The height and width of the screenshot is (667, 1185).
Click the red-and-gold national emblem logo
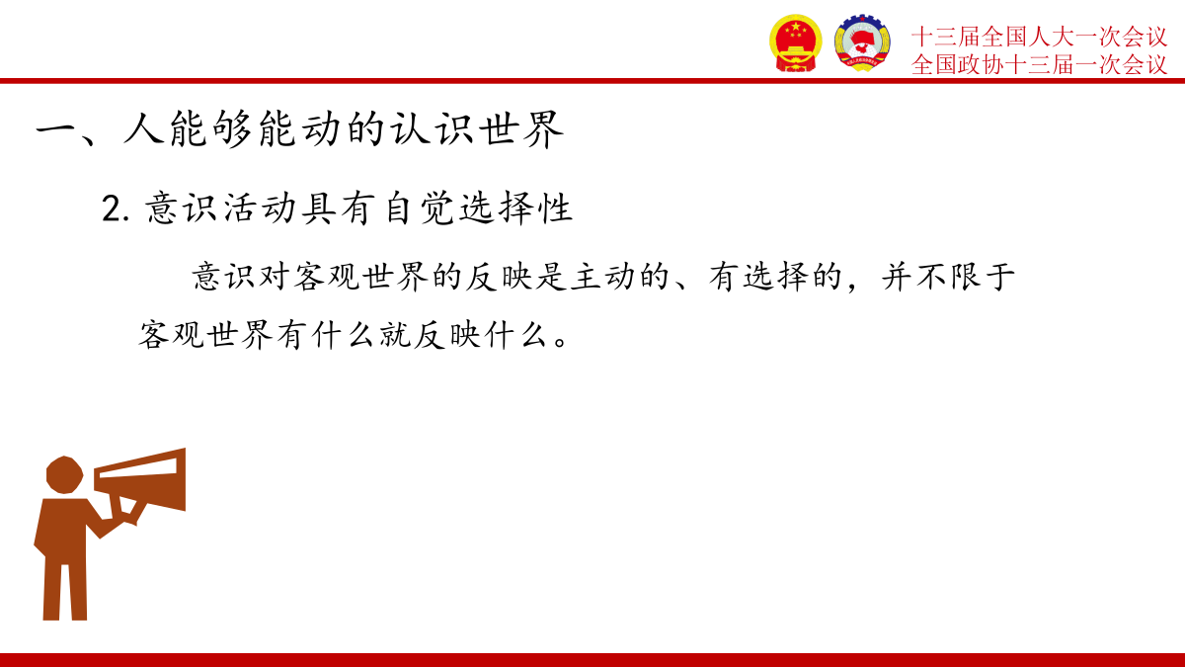coord(795,42)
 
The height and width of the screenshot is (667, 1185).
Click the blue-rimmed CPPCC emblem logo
coord(862,42)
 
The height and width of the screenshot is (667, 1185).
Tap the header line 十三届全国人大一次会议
coord(1039,37)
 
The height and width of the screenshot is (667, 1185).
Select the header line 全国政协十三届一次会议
coord(1039,64)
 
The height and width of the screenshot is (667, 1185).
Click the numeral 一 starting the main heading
coord(56,128)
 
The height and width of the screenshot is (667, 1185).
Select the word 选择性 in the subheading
coord(515,208)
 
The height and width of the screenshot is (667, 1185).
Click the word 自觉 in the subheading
coord(420,208)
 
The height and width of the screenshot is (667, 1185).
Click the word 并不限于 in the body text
coord(948,276)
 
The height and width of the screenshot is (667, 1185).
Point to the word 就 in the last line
coord(395,334)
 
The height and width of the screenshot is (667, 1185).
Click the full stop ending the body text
coord(561,341)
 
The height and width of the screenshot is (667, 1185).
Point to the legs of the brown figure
coord(64,590)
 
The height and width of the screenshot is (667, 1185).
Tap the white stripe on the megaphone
coord(138,468)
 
